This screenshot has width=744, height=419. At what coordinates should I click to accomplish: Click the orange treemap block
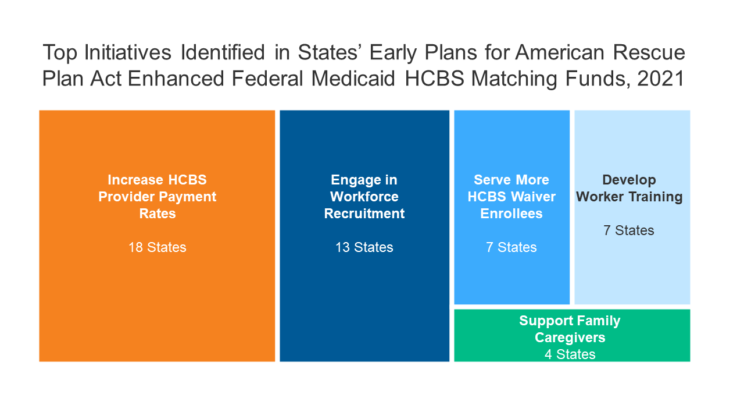tap(157, 236)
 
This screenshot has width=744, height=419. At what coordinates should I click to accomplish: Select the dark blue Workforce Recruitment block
tap(364, 236)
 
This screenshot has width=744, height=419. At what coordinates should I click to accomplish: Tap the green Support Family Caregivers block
tap(572, 335)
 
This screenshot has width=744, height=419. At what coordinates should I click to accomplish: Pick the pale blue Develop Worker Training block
tap(632, 207)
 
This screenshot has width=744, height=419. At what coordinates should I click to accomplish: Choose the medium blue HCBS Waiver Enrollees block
tap(512, 207)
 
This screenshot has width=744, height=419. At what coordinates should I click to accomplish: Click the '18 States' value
tap(158, 247)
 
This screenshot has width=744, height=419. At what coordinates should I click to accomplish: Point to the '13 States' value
tap(364, 247)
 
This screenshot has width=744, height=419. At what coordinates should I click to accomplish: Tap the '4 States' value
tap(570, 354)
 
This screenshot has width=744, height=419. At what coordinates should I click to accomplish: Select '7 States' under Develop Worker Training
tap(629, 230)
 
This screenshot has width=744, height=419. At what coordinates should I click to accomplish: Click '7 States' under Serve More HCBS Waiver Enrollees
tap(512, 247)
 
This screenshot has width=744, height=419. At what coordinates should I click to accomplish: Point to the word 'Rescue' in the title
tap(649, 52)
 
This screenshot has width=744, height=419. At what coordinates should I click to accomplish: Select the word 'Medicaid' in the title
tap(353, 79)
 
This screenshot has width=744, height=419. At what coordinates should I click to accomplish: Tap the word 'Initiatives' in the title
tap(127, 52)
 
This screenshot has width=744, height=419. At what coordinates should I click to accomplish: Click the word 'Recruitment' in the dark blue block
tap(364, 214)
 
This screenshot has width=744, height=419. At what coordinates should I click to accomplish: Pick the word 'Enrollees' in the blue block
tap(512, 214)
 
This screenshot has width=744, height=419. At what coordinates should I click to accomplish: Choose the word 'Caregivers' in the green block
tap(570, 338)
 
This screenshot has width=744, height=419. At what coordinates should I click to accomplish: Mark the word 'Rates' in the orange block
tap(158, 214)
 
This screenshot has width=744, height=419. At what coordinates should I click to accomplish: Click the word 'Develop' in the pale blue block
tap(629, 180)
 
